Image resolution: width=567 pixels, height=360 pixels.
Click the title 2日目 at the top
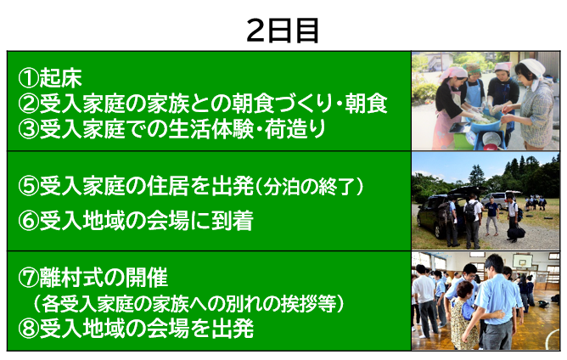point(283,31)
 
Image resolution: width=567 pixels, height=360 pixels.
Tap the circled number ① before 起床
point(29,78)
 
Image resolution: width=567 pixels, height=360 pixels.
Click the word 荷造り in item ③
point(295,130)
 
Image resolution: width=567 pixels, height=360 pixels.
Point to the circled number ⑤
point(29,186)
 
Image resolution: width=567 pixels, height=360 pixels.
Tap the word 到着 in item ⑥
point(233,221)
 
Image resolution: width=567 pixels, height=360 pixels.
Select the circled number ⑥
point(29,221)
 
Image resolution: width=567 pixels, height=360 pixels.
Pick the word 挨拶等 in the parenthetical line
point(308,304)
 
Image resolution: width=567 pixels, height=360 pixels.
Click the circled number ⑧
point(29,329)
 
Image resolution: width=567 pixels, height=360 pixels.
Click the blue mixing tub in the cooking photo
point(486,125)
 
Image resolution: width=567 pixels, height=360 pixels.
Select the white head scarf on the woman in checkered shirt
point(531,68)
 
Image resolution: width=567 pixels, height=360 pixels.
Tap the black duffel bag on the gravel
point(516,233)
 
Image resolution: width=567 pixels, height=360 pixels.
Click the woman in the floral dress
point(462,315)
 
